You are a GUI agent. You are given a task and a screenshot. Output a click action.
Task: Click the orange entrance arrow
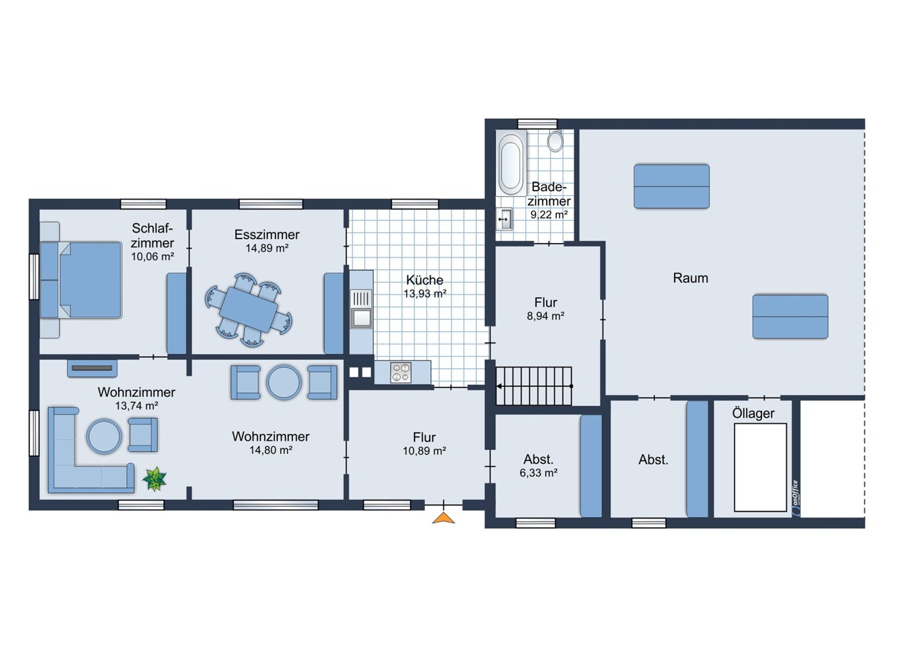click(x=443, y=518)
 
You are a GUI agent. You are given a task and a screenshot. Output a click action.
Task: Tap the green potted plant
click(x=154, y=479)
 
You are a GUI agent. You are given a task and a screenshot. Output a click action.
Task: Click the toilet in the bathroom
click(x=555, y=141)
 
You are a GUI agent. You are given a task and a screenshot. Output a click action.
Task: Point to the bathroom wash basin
click(x=504, y=219)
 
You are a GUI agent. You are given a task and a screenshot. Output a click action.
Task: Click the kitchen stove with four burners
click(x=401, y=372)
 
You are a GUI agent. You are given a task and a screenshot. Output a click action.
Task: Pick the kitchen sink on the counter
click(x=361, y=309)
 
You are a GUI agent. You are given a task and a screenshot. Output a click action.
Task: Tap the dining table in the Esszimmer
click(x=248, y=310)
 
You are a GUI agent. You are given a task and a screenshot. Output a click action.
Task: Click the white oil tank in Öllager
click(x=760, y=468)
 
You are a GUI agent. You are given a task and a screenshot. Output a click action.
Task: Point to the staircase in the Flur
click(x=534, y=386)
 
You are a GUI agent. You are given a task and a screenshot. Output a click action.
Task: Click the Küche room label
click(x=424, y=280)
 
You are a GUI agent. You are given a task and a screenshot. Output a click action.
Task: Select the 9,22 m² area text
click(x=549, y=215)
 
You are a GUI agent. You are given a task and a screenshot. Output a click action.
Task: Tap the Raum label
click(x=690, y=278)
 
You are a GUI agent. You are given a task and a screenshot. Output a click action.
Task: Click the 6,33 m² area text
click(x=538, y=473)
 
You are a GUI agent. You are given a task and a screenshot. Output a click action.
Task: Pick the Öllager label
click(x=753, y=414)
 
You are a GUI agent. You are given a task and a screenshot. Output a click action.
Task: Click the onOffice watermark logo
click(x=796, y=498)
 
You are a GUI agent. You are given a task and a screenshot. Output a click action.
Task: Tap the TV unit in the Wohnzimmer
click(x=92, y=369)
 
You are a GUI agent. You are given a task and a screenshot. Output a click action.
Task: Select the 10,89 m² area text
click(x=424, y=451)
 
